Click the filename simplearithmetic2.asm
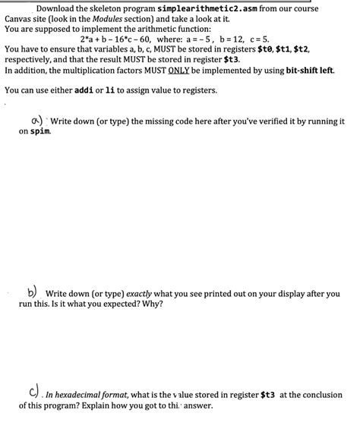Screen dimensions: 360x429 point(211,8)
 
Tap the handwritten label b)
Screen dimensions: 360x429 point(33,292)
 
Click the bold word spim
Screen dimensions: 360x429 point(41,131)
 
